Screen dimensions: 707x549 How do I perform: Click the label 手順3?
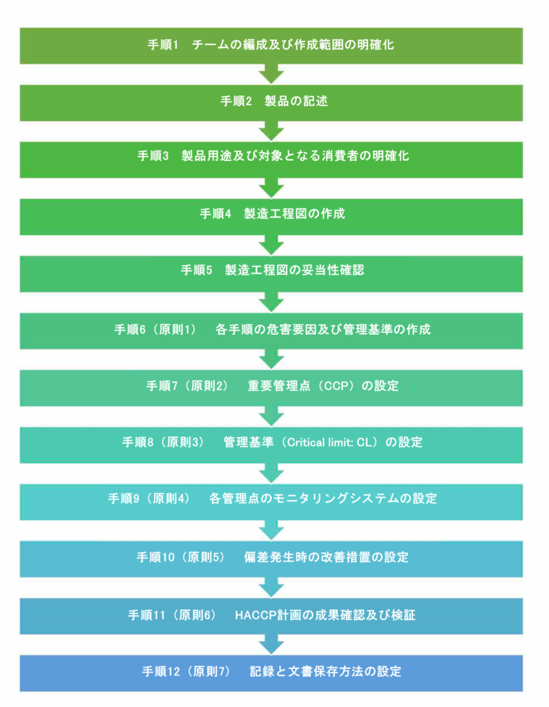coord(153,156)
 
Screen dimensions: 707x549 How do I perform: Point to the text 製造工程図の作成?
coord(294,214)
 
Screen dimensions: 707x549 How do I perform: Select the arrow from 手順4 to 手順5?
coord(271,244)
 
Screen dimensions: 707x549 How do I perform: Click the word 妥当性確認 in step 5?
coord(337,271)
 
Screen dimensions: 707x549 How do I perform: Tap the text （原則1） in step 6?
coord(171,329)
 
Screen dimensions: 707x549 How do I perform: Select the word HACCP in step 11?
coord(252,614)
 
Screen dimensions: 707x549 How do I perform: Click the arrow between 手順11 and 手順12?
coord(271,644)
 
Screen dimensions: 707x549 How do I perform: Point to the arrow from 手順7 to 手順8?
coord(271,415)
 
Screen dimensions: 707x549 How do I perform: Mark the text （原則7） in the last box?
coord(208,671)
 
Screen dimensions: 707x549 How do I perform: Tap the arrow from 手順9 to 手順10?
coord(271,530)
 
